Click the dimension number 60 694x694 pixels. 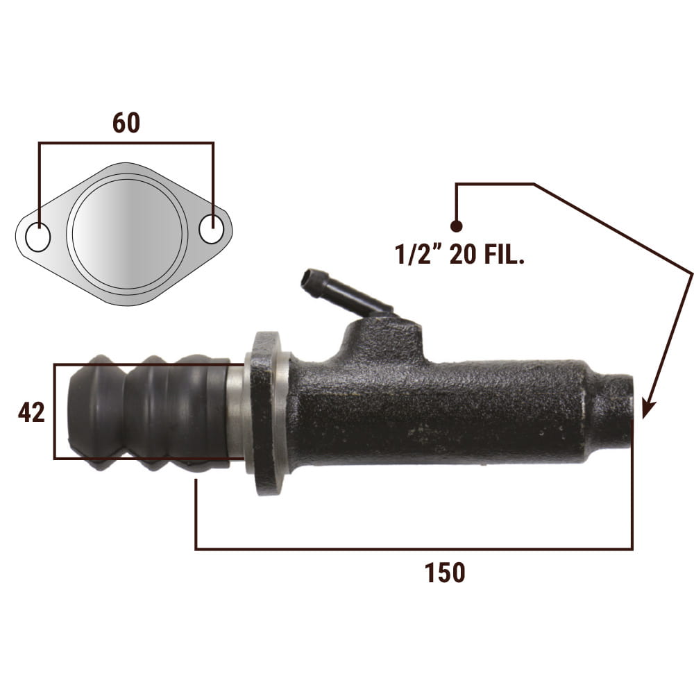coord(126,123)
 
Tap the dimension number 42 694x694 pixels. coord(31,412)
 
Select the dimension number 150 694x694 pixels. coord(445,573)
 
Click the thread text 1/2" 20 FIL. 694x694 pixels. coord(459,255)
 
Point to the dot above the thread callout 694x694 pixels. coord(457,226)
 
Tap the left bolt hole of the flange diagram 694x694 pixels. coord(38,237)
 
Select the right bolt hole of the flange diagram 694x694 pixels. coord(211,229)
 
